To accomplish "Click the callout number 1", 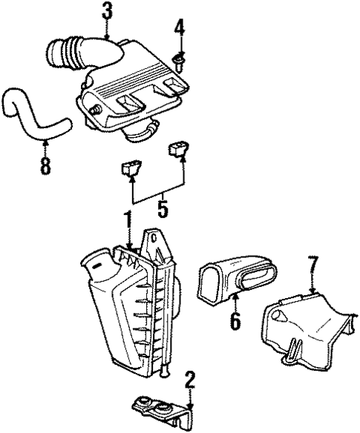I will click(128, 221).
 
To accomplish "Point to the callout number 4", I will click(178, 30).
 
